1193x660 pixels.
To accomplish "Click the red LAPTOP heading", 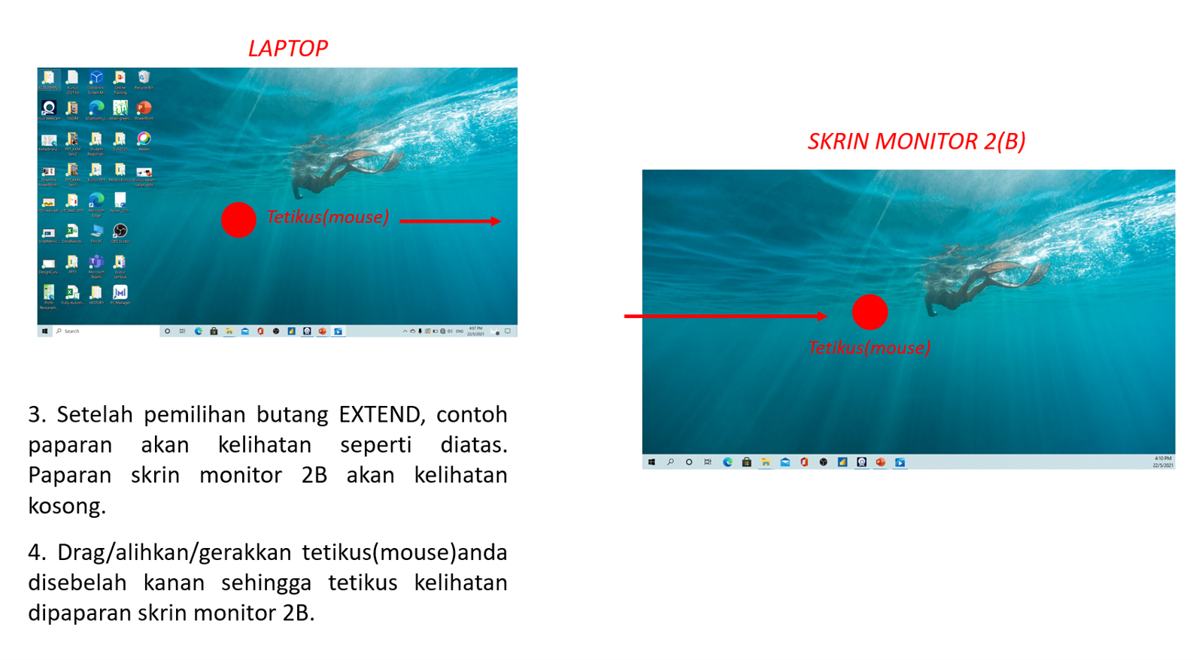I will [x=287, y=48].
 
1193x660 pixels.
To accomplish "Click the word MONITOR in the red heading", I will [x=915, y=141].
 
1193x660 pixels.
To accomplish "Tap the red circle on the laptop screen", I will [x=238, y=219].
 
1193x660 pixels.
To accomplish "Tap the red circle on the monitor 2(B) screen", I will [x=870, y=312].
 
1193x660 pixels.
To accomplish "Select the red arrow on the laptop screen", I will [x=450, y=221].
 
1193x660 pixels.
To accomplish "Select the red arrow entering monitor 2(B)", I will [x=725, y=316].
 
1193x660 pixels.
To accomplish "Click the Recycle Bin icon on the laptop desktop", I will [x=144, y=79].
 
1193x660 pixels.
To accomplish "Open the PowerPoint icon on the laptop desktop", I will [x=144, y=109].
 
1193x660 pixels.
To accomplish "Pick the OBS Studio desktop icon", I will [x=120, y=232].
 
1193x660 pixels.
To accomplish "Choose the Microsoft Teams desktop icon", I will [x=96, y=263].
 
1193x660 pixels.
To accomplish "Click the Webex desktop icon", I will [x=144, y=140].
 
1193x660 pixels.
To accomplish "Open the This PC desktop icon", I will [x=96, y=232].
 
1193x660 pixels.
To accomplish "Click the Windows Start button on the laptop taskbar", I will [x=45, y=331].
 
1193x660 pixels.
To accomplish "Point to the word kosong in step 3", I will [x=67, y=506].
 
